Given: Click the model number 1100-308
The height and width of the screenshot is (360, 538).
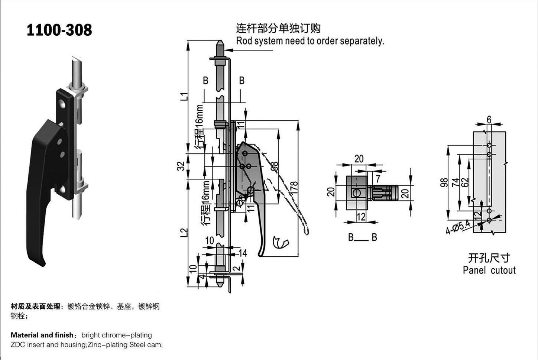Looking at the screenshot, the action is (x=59, y=30).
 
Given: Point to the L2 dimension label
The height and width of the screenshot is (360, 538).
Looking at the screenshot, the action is (x=184, y=233).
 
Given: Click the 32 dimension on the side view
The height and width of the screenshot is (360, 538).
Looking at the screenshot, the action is (x=181, y=166).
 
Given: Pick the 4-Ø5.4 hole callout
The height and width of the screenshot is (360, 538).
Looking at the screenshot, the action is (x=458, y=227).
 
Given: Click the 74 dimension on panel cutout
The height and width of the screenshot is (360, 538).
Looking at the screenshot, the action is (x=456, y=182).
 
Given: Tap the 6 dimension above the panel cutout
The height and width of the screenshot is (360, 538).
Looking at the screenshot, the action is (x=489, y=119).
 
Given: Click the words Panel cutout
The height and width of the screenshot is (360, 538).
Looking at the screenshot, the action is (x=489, y=270).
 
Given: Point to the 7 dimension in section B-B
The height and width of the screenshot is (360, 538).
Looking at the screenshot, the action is (x=378, y=179).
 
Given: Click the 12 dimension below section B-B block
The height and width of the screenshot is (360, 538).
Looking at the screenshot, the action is (x=361, y=217).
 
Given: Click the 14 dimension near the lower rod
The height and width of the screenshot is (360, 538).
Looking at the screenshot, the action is (x=243, y=253).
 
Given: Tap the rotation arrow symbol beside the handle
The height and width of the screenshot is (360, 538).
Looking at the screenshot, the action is (x=281, y=242).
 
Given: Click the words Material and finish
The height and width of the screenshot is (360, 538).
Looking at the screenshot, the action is (x=42, y=335).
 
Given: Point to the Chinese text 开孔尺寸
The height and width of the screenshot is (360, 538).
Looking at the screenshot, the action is (x=489, y=258).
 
